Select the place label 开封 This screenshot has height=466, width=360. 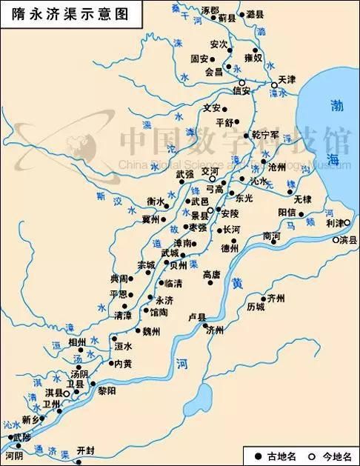coord(87,450)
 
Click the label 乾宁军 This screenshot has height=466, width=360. coord(264,135)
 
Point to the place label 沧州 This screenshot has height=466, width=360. coord(276,167)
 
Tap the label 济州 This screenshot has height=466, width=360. coord(215,330)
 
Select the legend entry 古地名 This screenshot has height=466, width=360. coord(281,455)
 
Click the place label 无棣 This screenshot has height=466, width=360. coord(302,199)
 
